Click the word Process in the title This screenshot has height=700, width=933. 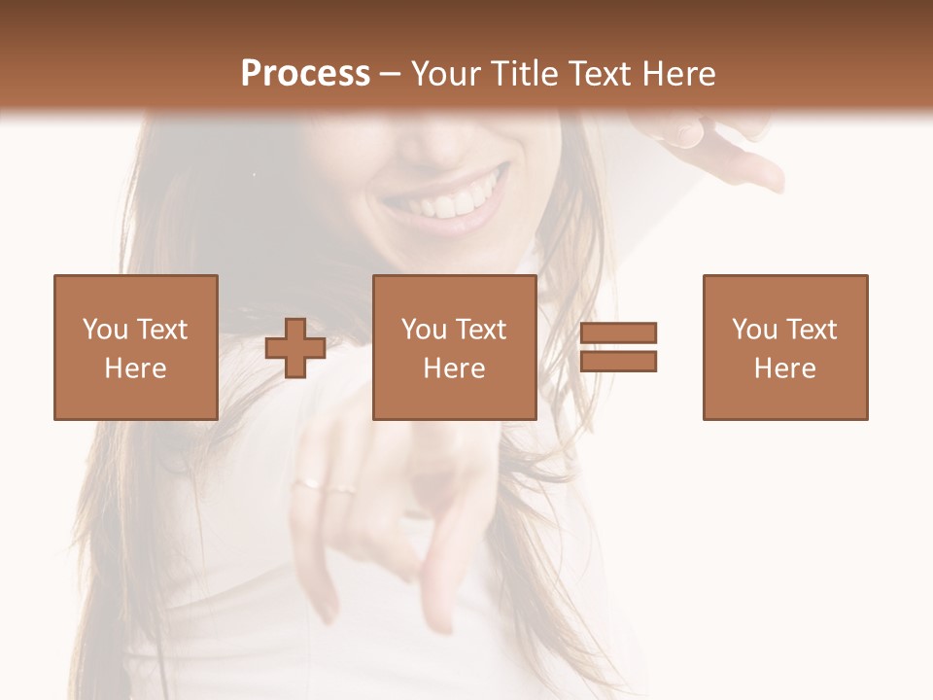point(305,74)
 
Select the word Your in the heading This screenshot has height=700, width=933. point(445,74)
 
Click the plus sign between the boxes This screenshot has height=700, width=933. point(295,348)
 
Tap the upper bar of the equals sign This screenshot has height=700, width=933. point(619,333)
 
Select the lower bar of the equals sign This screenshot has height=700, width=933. point(619,362)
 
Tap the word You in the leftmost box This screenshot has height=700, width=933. point(105,330)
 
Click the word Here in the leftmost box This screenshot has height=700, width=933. point(136,368)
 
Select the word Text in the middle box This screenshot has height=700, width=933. point(481,330)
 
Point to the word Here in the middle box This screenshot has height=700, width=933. point(455,368)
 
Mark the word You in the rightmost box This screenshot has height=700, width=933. point(754,330)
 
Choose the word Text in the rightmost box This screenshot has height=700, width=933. point(812,330)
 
